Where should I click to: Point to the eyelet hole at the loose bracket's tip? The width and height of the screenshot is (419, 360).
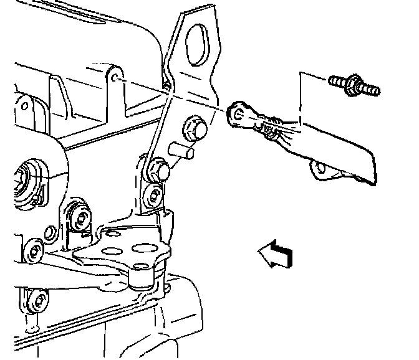[x=239, y=113]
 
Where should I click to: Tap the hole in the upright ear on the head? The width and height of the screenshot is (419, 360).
[x=117, y=79]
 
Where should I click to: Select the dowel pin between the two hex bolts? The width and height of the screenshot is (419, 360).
[x=179, y=151]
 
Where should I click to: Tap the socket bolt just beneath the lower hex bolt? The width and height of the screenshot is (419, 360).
[x=152, y=194]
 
